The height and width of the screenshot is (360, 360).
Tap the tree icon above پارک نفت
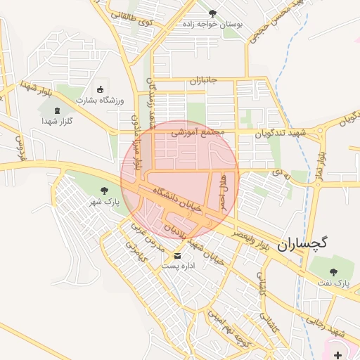[x=333, y=272]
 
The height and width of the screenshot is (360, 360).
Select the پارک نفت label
[x=333, y=283]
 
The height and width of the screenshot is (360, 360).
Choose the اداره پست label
[x=177, y=266]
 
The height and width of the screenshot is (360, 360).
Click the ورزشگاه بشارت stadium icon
[x=100, y=89]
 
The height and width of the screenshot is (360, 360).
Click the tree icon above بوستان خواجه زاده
[x=213, y=13]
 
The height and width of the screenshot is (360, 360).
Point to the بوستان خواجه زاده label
[x=212, y=24]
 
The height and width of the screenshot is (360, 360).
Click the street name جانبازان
[x=204, y=80]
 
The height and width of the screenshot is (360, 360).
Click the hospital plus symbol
[x=340, y=354]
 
